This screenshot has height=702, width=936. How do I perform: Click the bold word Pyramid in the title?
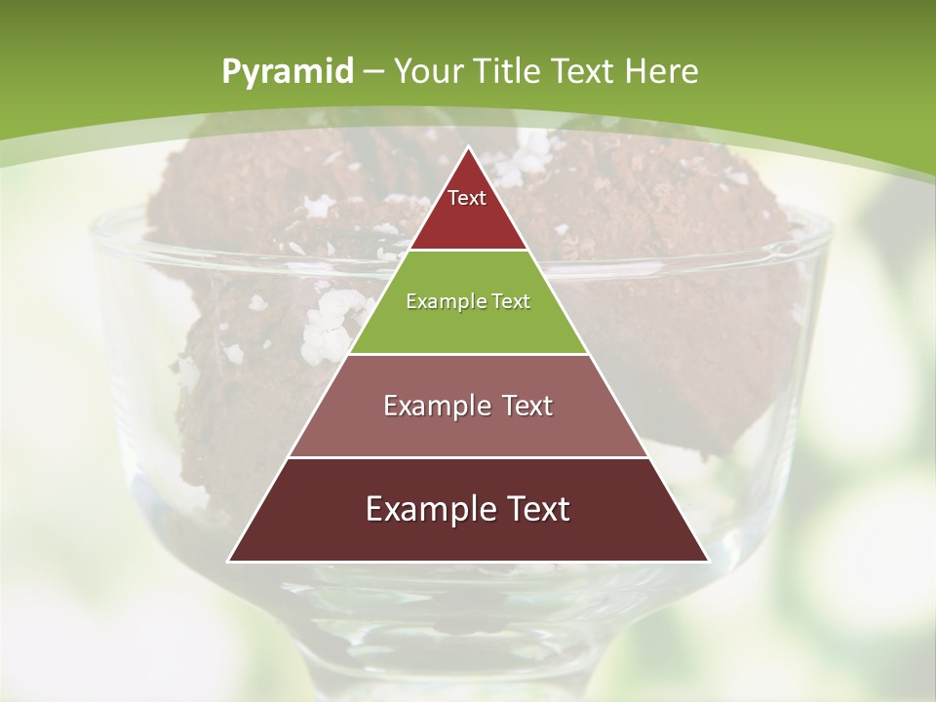[287, 72]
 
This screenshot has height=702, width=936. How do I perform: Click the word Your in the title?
[429, 71]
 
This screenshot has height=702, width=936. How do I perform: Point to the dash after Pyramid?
[373, 72]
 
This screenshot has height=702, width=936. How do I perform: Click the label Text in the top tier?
[467, 198]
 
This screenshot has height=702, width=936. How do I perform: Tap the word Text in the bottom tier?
[534, 509]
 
